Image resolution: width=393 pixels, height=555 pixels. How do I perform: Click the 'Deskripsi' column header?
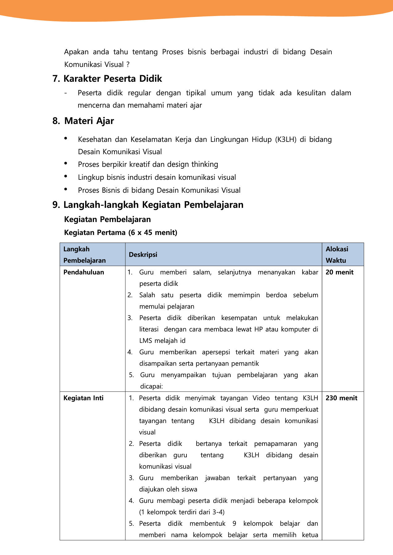(x=143, y=255)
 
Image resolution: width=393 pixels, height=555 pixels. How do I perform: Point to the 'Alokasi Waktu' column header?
(x=337, y=255)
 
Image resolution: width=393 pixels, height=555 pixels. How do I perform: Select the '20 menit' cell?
(x=339, y=272)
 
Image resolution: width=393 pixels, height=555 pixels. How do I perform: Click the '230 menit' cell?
(x=341, y=398)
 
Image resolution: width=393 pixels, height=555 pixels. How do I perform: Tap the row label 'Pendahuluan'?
(x=84, y=272)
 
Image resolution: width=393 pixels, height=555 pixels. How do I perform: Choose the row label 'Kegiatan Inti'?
(x=83, y=398)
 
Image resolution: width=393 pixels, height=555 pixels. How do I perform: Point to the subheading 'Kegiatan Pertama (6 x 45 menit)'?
(x=121, y=232)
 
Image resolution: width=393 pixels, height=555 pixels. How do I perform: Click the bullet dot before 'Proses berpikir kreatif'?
(x=66, y=163)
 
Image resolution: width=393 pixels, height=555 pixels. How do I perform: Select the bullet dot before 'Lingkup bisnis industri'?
(x=66, y=176)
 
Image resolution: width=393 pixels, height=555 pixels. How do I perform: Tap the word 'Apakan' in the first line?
(x=76, y=52)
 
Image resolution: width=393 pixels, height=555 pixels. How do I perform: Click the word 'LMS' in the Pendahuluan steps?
(x=145, y=341)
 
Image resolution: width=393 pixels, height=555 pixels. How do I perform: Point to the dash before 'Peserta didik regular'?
(x=65, y=93)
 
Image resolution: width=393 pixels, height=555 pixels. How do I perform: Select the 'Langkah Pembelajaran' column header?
(x=84, y=255)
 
